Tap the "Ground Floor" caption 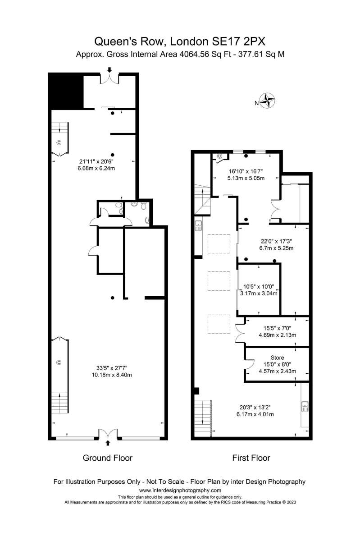(107, 458)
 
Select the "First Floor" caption (251, 458)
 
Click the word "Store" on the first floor (277, 358)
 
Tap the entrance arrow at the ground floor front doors (108, 442)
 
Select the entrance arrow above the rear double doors (109, 70)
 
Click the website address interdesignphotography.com (180, 491)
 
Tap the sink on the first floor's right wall (305, 406)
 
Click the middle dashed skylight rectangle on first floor (219, 281)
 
